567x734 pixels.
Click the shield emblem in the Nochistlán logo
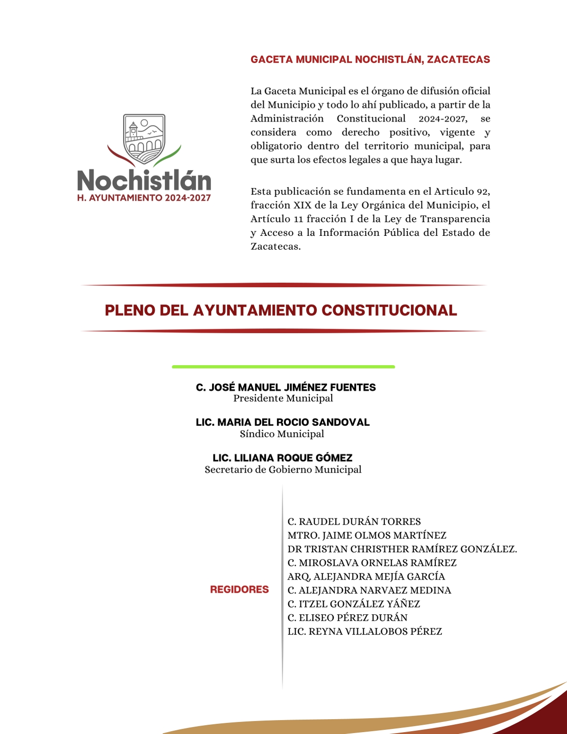click(144, 139)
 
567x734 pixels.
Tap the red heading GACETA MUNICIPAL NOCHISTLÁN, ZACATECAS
click(370, 60)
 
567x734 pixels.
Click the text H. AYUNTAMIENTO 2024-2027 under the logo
click(144, 198)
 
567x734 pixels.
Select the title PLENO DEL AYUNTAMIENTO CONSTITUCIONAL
click(281, 310)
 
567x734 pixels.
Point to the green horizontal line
click(283, 367)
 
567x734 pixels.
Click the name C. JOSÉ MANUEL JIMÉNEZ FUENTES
click(286, 387)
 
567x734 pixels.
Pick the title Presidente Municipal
click(283, 399)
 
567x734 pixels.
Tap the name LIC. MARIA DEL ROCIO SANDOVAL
click(283, 422)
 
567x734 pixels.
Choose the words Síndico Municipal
click(282, 434)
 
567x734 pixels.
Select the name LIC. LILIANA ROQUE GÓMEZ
click(283, 458)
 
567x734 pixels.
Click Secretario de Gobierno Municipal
click(283, 470)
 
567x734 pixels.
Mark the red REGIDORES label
click(239, 589)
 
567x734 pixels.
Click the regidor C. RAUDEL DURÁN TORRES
click(354, 522)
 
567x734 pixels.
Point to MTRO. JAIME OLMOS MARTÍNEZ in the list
click(367, 536)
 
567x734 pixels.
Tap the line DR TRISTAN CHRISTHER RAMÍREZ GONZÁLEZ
click(402, 549)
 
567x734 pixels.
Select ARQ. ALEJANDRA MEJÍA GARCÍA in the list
click(366, 576)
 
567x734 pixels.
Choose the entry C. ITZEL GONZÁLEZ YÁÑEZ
click(353, 604)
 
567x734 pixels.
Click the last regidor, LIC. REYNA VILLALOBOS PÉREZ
click(365, 632)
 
